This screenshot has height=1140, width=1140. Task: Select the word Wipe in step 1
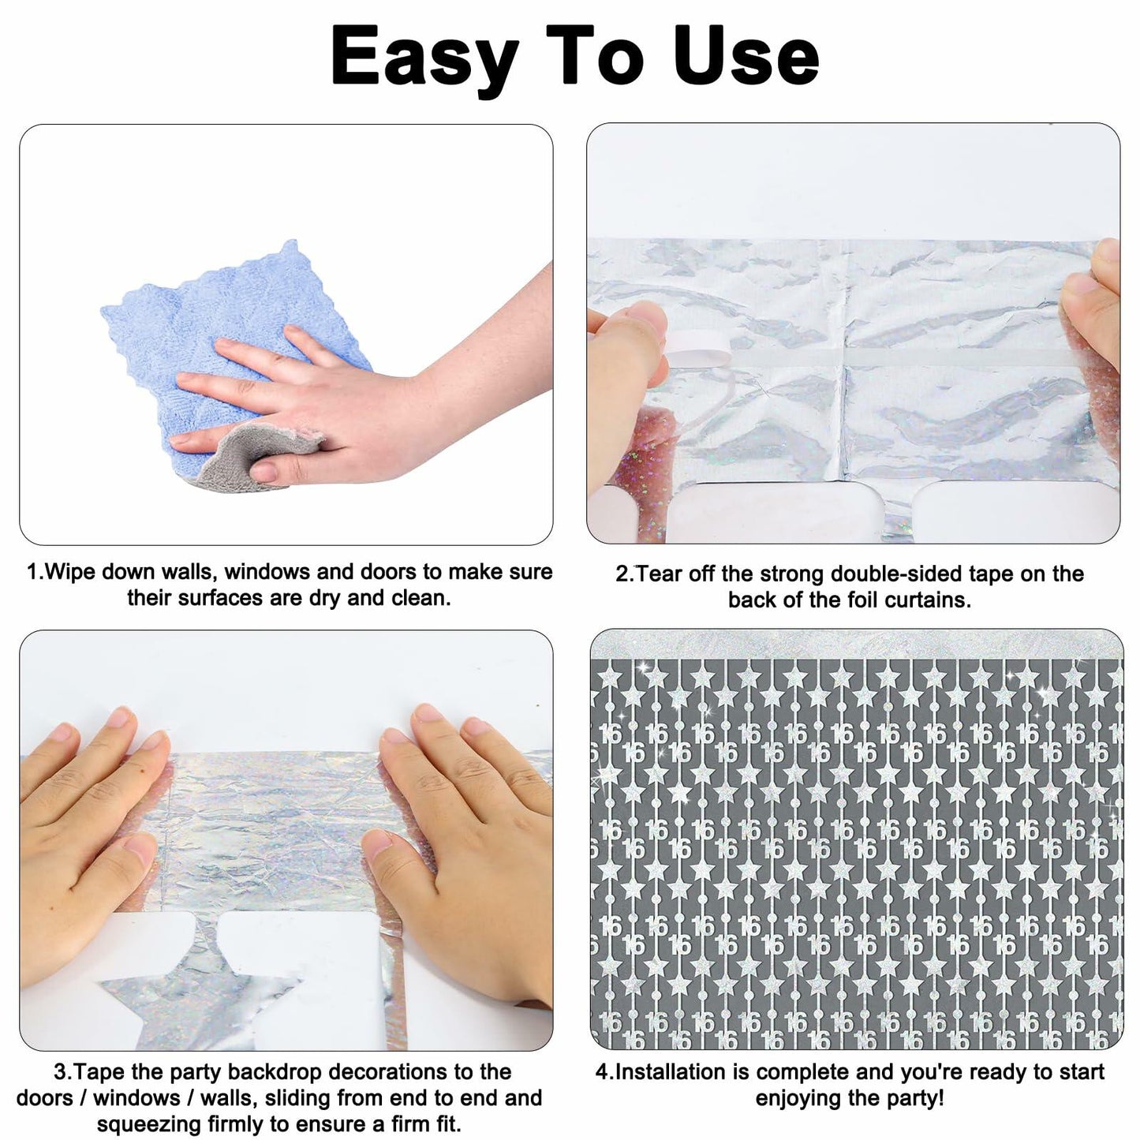(71, 572)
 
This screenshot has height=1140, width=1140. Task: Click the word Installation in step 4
(669, 1071)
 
